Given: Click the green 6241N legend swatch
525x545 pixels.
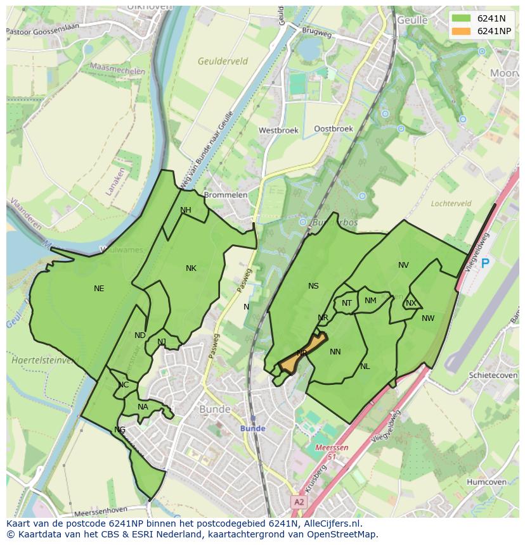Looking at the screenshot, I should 461,18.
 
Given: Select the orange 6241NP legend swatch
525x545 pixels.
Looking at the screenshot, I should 461,31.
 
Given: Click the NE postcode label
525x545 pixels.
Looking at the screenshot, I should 99,289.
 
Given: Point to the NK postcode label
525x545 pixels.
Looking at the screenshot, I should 191,268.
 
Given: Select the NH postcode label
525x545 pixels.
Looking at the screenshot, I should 185,210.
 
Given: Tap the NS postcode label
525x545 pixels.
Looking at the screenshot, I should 313,286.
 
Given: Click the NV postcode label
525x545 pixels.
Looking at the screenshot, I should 403,265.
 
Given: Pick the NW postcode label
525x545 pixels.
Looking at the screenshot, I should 428,318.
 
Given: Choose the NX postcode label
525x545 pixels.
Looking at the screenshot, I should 411,303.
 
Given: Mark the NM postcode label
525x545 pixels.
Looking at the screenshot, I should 370,301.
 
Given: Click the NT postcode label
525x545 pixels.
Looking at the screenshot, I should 347,303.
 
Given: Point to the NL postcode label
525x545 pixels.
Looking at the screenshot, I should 365,366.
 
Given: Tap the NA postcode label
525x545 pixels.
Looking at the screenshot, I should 143,407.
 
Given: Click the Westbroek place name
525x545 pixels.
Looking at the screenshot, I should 278,130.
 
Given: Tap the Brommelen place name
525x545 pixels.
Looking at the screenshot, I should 225,195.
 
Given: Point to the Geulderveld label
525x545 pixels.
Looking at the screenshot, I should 223,61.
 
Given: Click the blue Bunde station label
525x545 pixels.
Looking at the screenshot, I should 252,429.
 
